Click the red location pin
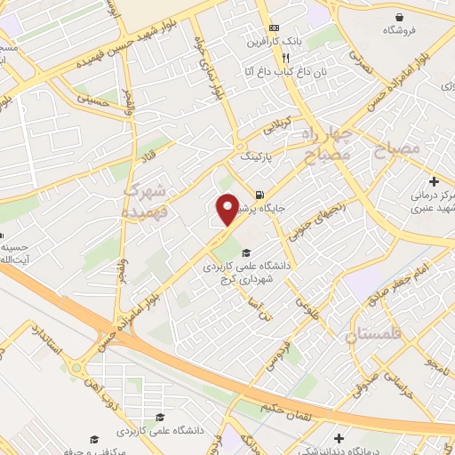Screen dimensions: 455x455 point(228,209)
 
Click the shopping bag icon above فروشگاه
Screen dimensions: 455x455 point(400,16)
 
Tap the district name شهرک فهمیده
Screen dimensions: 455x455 point(144,203)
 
